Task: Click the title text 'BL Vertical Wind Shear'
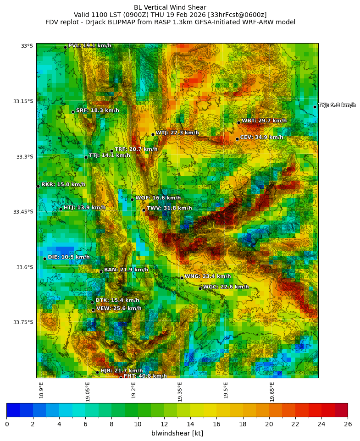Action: point(170,7)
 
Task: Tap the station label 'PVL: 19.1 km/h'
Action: point(90,46)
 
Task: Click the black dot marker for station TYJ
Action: point(315,107)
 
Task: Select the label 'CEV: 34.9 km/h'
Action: point(261,138)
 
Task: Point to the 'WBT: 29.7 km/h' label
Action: point(264,121)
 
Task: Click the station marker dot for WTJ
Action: point(153,134)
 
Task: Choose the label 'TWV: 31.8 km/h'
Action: point(169,208)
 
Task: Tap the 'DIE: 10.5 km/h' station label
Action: point(69,257)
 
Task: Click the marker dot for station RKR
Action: point(38,186)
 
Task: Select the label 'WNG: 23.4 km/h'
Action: point(207,276)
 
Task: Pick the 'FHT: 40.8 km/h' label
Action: point(145,376)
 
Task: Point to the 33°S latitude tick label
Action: point(27,46)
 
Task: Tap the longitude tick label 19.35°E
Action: point(180,391)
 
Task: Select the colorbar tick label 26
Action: point(348,424)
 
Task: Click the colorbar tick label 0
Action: point(6,424)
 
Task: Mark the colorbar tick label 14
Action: point(190,424)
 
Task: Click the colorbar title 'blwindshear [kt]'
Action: point(177,433)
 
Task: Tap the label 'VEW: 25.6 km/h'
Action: point(119,309)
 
